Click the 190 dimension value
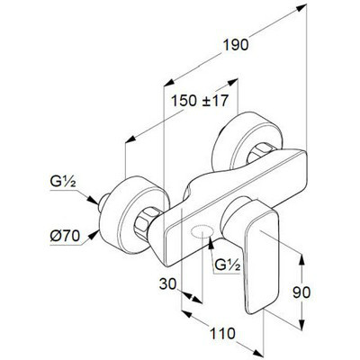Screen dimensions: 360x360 [x=236, y=45]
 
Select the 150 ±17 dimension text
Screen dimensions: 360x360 [x=200, y=101]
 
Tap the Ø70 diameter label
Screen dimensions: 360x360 [x=65, y=237]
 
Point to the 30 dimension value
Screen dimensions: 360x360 [x=167, y=283]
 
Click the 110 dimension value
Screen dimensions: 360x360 [x=222, y=334]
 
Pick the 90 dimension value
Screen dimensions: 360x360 [x=301, y=292]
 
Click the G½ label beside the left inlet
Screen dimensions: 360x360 [x=63, y=182]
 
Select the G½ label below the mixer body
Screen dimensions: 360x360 [x=228, y=265]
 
